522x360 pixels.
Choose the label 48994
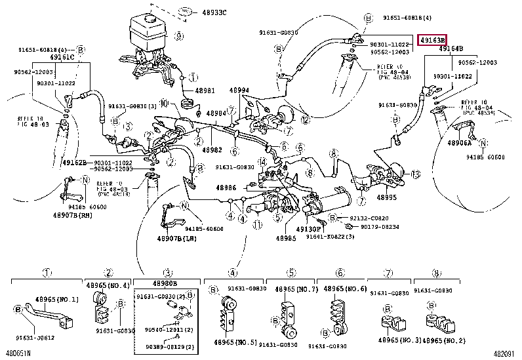tap(239, 90)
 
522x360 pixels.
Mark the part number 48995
tap(387, 196)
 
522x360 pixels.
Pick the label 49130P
tap(307, 230)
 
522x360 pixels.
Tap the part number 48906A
tap(461, 142)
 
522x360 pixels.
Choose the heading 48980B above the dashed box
tap(165, 282)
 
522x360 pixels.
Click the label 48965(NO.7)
tap(296, 289)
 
